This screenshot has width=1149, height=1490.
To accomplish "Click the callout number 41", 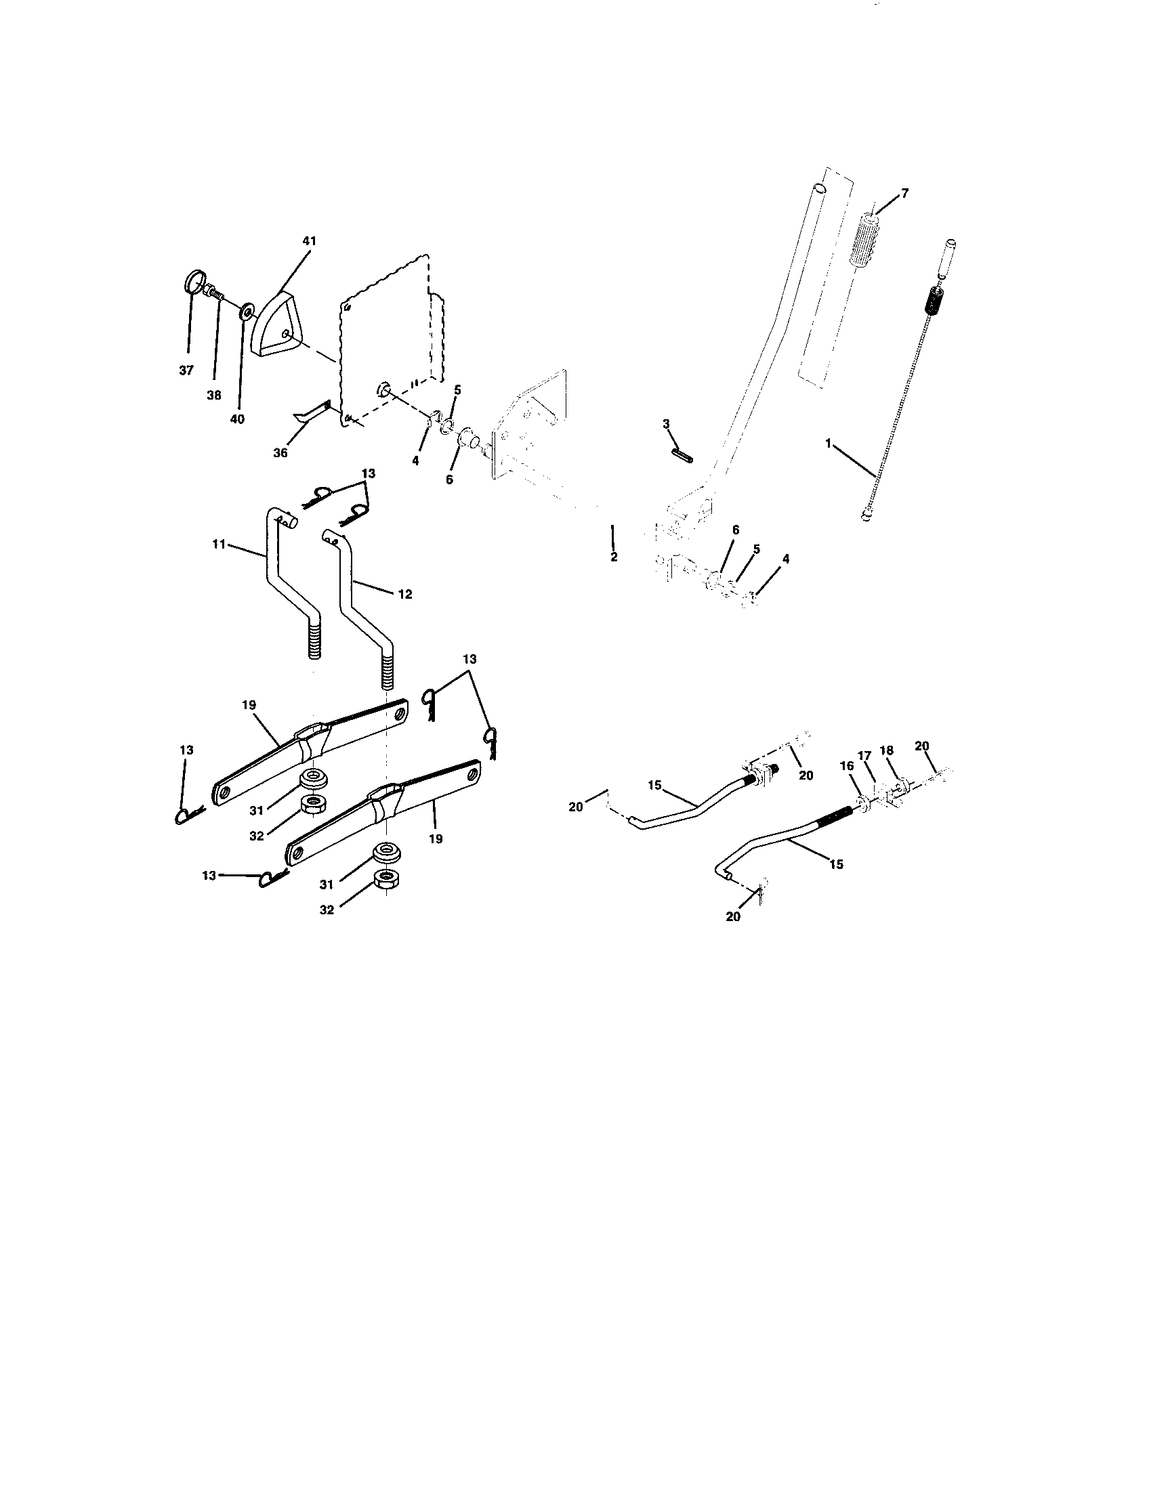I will (310, 241).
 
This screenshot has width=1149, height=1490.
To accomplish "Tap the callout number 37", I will (186, 370).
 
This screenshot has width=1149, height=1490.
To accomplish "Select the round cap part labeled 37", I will (194, 282).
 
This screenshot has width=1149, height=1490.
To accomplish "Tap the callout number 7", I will (904, 193).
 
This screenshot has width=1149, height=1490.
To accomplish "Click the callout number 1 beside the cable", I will (828, 443).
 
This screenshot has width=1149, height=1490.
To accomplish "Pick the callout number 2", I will (613, 557).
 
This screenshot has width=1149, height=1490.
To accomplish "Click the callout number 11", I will (218, 544).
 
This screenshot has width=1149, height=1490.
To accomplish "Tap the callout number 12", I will (404, 594).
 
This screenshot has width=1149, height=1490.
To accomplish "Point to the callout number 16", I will (847, 766).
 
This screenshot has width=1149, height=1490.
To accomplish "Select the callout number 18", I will (886, 750).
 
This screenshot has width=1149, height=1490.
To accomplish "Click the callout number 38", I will (213, 394).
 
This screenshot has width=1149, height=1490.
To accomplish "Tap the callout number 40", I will (236, 419).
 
